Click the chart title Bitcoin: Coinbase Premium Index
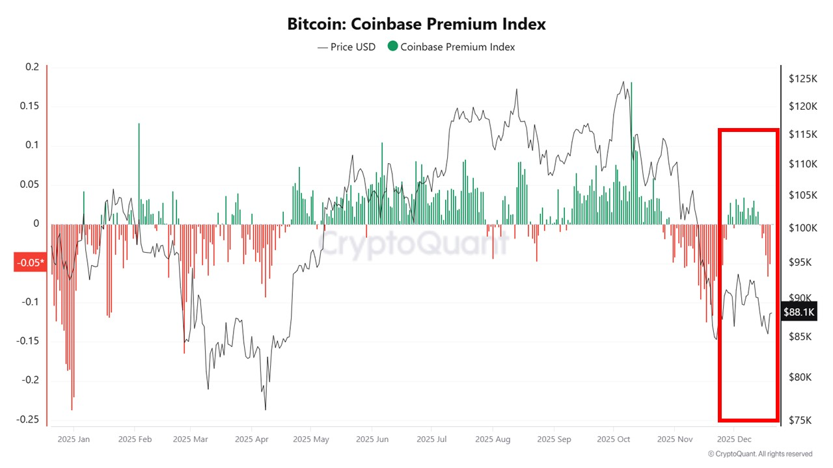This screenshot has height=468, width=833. [416, 24]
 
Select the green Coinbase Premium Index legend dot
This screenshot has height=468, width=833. [392, 46]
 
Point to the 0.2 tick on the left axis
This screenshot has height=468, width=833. [32, 67]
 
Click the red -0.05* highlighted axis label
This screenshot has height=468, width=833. [30, 263]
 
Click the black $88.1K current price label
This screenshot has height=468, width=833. [799, 313]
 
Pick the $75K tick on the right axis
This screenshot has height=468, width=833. [800, 421]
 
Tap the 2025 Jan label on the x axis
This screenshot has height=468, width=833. [74, 439]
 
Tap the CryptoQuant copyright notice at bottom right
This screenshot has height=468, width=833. [759, 454]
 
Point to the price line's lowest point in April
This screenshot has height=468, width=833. [266, 409]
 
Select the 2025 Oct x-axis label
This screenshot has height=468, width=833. [614, 439]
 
